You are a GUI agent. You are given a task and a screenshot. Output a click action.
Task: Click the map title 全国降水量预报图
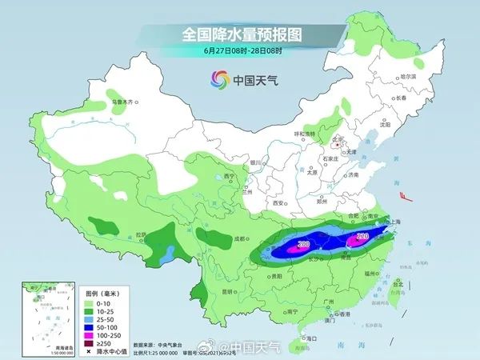[239, 34]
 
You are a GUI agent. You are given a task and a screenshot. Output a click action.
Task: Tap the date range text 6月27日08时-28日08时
[239, 51]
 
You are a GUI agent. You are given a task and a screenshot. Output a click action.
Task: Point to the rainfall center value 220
[361, 237]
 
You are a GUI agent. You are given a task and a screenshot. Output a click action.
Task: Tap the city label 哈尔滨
[409, 76]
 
